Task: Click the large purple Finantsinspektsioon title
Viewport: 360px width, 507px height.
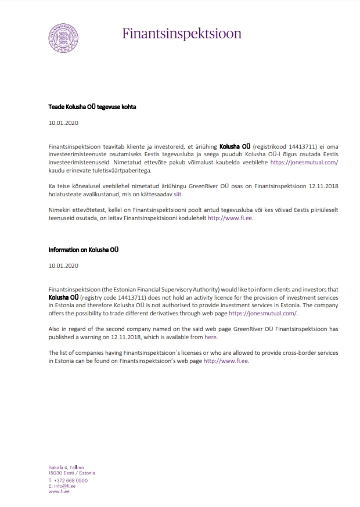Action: (x=182, y=33)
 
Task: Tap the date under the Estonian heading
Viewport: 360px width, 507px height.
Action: (x=63, y=123)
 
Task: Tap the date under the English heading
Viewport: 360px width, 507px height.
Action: (x=63, y=265)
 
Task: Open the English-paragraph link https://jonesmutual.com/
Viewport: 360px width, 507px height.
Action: (x=263, y=313)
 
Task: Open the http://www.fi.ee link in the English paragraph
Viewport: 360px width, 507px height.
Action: (x=226, y=361)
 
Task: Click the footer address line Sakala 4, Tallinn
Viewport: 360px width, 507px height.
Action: (x=67, y=468)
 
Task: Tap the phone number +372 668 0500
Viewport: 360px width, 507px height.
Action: (x=70, y=480)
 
